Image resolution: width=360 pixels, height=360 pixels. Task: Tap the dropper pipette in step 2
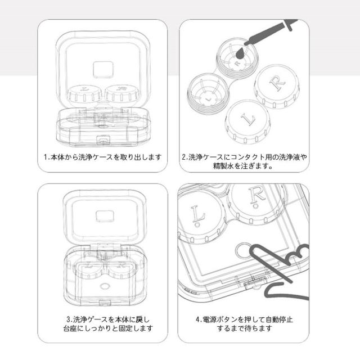[x=271, y=32]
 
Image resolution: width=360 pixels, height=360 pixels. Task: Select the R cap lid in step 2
[x=277, y=86]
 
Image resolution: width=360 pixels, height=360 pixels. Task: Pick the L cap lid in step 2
[x=247, y=121]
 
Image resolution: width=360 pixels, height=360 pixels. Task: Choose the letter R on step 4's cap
[x=257, y=197]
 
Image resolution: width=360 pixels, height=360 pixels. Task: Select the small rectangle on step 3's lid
[x=105, y=216]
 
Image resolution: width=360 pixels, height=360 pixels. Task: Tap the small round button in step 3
[x=105, y=286]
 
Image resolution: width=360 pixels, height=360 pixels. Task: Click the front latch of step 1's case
[x=103, y=140]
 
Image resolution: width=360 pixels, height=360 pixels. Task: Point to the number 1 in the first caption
[x=46, y=157]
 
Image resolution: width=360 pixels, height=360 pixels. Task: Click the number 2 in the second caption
[x=184, y=157]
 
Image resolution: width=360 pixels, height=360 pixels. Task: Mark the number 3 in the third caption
[x=69, y=319]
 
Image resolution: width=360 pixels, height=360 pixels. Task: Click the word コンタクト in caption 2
[x=248, y=157]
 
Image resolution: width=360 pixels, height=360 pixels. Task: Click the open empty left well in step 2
[x=208, y=93]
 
